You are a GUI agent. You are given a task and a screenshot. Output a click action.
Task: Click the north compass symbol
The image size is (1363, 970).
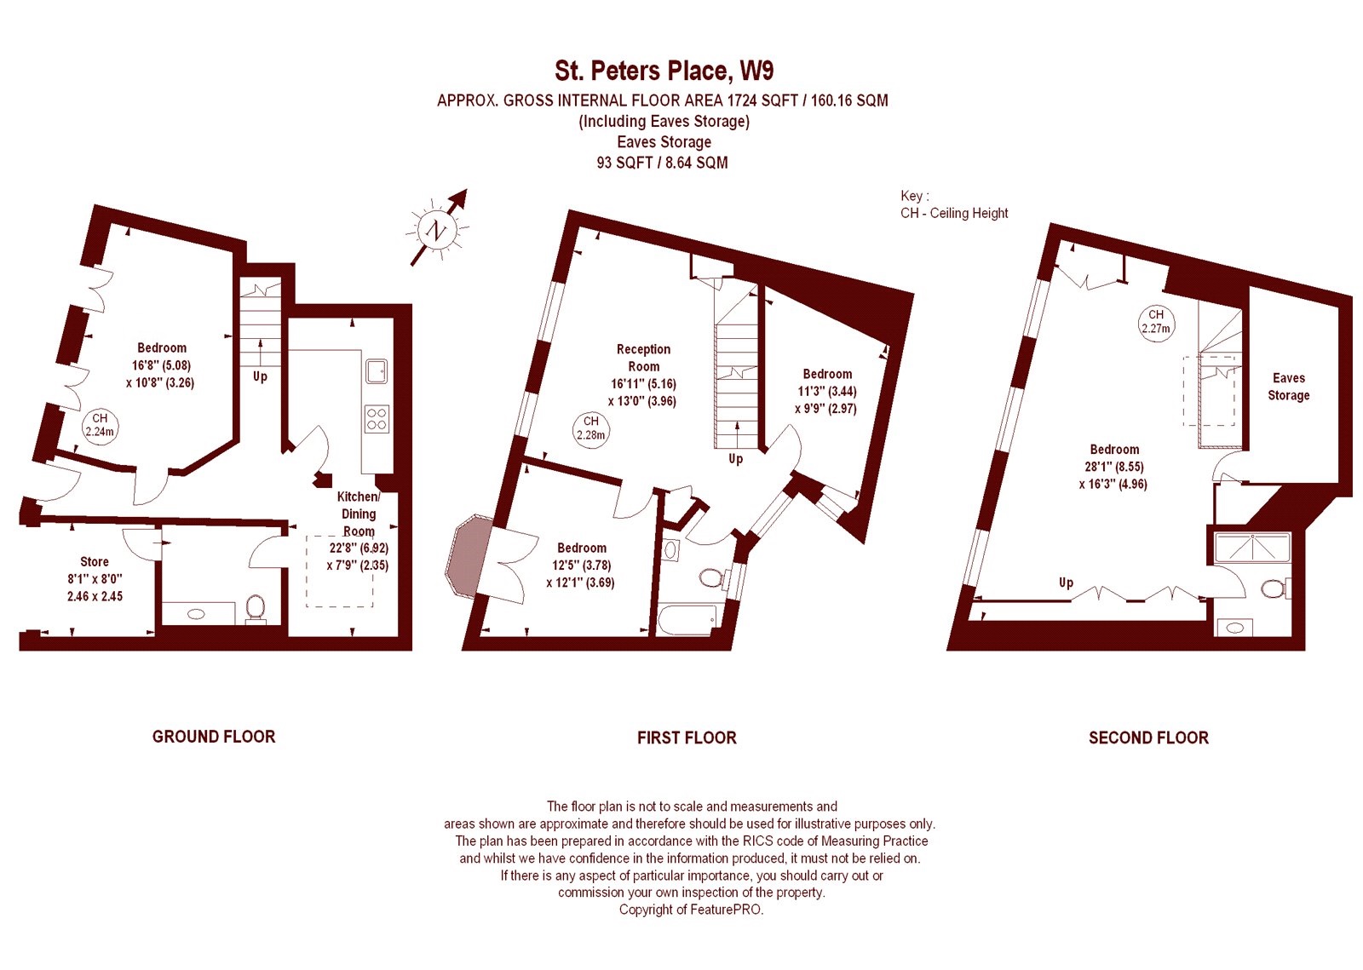(x=437, y=230)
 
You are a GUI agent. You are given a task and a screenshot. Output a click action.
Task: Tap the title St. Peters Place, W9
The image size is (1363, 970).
(x=664, y=72)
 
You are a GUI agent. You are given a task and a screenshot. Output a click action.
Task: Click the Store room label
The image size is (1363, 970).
(x=95, y=562)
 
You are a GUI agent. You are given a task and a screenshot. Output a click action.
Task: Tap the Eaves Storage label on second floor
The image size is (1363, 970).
(x=1288, y=387)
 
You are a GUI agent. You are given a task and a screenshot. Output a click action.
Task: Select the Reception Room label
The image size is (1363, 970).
(x=643, y=358)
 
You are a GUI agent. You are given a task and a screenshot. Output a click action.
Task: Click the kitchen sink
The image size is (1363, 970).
(x=377, y=370)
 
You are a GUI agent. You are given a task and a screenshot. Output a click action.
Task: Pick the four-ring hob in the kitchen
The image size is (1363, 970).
(x=377, y=419)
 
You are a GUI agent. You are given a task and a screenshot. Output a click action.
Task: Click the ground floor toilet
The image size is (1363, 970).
(x=255, y=609)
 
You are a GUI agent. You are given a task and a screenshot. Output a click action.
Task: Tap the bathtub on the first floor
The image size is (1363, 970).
(x=687, y=619)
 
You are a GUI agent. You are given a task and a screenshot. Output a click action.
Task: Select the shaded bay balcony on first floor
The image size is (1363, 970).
(x=468, y=556)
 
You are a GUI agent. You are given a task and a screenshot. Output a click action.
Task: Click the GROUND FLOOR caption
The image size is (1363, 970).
(x=214, y=737)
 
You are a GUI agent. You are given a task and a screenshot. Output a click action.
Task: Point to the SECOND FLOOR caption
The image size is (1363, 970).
(x=1148, y=738)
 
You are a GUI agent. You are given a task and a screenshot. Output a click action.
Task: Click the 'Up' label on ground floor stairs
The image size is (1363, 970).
(x=260, y=377)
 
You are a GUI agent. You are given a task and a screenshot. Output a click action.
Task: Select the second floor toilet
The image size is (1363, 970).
(x=1273, y=588)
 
